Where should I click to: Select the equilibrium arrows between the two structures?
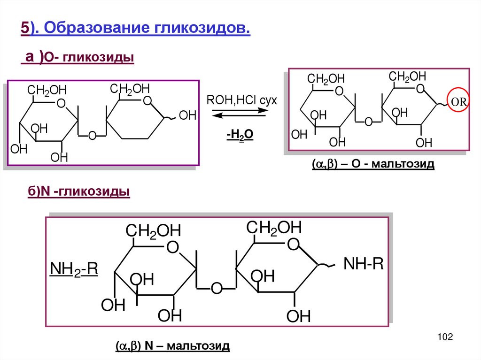(240, 113)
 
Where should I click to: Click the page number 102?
(444, 337)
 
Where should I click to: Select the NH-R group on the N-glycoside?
(363, 264)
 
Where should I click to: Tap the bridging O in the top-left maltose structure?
(92, 136)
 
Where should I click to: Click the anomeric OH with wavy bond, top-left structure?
(187, 115)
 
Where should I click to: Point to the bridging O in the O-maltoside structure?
(368, 122)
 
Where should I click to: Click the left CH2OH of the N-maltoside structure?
(153, 231)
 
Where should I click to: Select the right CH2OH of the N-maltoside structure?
(274, 228)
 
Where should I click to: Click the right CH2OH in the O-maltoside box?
(407, 77)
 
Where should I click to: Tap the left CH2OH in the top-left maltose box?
(47, 90)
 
